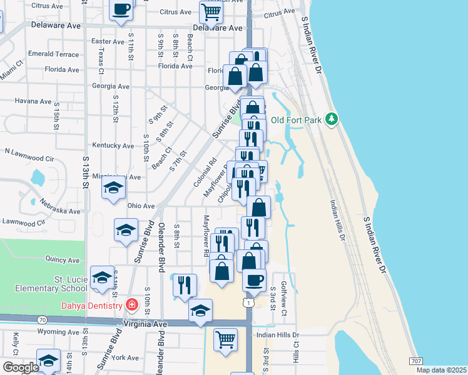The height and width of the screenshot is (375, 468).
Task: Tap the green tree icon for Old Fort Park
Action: (333, 119)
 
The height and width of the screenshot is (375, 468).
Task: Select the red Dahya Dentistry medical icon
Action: (131, 305)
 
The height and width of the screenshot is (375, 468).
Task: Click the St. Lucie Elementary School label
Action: (52, 283)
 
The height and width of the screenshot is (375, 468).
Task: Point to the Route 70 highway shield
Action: (42, 320)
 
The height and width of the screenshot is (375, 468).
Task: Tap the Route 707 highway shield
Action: (415, 361)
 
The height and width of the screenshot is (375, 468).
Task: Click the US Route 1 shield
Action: (250, 303)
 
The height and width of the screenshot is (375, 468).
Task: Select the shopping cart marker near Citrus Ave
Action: (211, 11)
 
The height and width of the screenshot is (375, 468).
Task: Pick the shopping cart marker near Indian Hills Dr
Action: (225, 339)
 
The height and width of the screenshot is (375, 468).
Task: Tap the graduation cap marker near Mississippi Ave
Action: (113, 187)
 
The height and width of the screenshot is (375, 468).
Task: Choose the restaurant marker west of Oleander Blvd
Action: (183, 284)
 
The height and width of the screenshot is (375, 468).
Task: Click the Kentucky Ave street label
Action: (113, 146)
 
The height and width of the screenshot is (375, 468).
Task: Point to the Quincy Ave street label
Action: (64, 260)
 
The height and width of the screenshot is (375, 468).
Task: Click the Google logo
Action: (21, 367)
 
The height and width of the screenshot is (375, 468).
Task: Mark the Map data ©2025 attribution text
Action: (440, 370)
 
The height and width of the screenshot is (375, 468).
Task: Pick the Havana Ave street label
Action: (33, 101)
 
